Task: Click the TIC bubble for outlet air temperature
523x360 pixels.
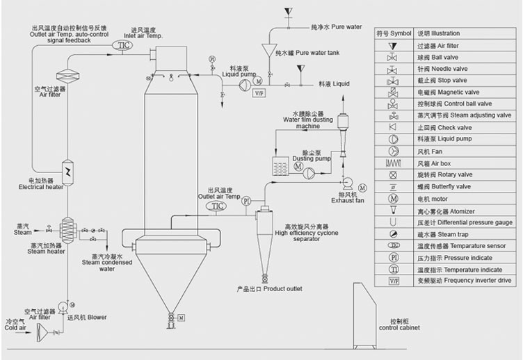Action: [x=218, y=206]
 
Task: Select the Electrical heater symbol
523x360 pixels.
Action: [x=68, y=171]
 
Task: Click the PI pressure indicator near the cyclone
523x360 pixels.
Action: [x=246, y=202]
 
